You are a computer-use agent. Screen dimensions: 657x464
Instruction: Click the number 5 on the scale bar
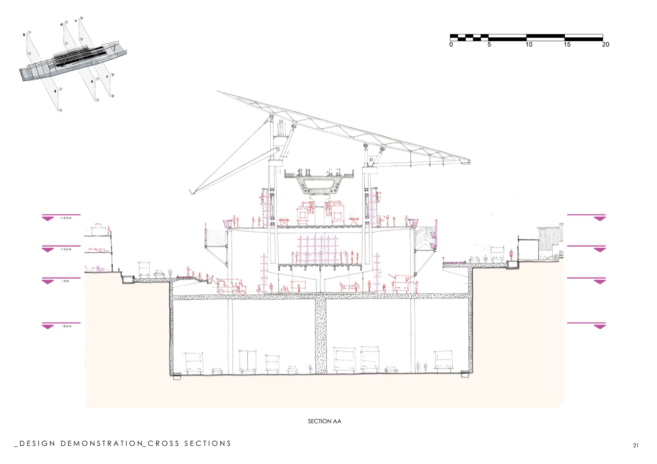pos(489,45)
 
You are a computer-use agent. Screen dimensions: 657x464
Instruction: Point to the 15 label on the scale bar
pos(567,45)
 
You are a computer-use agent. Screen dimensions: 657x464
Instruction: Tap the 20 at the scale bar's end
pos(605,45)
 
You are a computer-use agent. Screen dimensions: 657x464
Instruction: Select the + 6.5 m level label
pos(66,218)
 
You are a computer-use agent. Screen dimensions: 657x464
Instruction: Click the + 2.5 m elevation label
pos(66,249)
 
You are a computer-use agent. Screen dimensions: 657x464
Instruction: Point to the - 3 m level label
pos(65,281)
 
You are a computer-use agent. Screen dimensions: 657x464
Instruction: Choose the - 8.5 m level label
pos(66,326)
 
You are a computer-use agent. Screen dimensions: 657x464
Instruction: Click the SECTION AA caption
pos(325,421)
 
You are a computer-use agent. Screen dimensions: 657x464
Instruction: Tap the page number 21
pos(636,445)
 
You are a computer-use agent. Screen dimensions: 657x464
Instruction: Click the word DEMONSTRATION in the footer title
pos(102,444)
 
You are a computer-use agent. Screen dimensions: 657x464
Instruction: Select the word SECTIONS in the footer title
pos(208,444)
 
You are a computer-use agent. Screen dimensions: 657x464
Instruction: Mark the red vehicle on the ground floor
pos(231,287)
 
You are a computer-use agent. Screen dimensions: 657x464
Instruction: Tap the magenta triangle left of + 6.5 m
pos(48,219)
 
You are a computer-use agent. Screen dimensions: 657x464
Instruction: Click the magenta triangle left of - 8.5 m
pos(48,327)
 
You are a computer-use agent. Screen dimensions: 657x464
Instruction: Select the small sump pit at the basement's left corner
pos(177,376)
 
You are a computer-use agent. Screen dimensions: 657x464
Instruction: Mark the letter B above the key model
pos(24,35)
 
